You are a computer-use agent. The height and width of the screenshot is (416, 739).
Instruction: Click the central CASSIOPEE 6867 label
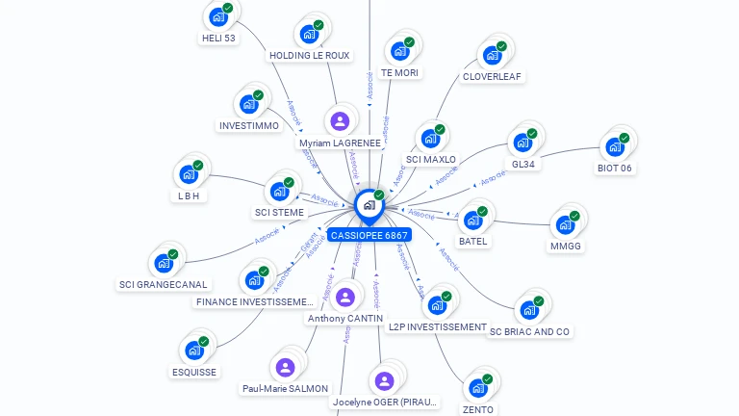(x=369, y=235)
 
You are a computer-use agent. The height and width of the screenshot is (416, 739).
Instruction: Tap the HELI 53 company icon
(x=218, y=17)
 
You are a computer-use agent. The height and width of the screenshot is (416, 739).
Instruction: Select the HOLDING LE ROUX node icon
(x=309, y=34)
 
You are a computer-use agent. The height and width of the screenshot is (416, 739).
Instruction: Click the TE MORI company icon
(x=399, y=50)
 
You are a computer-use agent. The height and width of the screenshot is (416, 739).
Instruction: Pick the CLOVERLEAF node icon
(x=493, y=55)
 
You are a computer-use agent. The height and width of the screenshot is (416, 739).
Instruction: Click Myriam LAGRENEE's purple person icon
(x=339, y=121)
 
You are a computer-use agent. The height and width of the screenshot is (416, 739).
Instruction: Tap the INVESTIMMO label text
(x=249, y=125)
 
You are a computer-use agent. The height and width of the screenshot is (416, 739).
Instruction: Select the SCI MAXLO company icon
(x=430, y=139)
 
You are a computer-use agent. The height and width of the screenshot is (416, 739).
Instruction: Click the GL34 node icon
(x=522, y=143)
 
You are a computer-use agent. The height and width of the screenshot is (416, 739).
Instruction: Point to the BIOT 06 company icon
(x=614, y=146)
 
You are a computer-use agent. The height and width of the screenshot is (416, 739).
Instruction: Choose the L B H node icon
(x=189, y=175)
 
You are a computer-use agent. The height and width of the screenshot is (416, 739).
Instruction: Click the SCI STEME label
(x=279, y=212)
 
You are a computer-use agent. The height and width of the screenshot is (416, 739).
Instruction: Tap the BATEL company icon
(x=472, y=220)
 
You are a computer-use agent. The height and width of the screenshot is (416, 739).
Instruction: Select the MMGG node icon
(x=565, y=225)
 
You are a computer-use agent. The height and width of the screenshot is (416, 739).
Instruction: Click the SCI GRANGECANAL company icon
(x=164, y=262)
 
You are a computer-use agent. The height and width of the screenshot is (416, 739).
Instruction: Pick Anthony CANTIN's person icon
(x=345, y=297)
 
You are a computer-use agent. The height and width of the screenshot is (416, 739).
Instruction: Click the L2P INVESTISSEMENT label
(x=438, y=326)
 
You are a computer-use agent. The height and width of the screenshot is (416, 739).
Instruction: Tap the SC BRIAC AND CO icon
(x=528, y=310)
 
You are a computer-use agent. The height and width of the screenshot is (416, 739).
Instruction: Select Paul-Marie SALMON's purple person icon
(x=285, y=367)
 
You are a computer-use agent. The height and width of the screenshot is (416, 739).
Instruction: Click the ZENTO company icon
(x=477, y=388)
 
